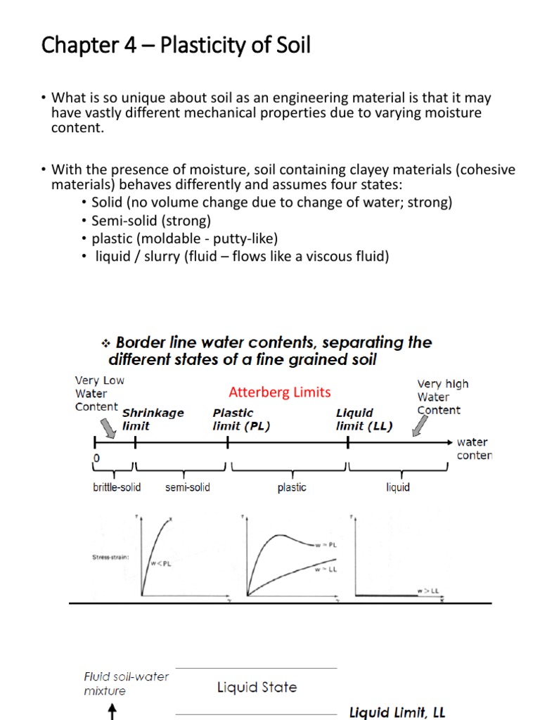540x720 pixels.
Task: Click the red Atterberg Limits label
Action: [280, 392]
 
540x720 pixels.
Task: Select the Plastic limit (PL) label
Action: [241, 419]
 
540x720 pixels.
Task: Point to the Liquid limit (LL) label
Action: [364, 419]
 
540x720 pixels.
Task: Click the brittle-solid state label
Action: [116, 487]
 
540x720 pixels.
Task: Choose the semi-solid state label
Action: [188, 487]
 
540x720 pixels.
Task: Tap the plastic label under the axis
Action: [292, 487]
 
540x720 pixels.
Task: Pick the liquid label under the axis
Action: [398, 487]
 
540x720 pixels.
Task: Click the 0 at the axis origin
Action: [96, 458]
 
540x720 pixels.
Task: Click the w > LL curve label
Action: [427, 591]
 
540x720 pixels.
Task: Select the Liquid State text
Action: [257, 687]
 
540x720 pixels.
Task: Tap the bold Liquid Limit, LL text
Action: [397, 712]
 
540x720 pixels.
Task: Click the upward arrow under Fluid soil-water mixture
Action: [111, 712]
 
